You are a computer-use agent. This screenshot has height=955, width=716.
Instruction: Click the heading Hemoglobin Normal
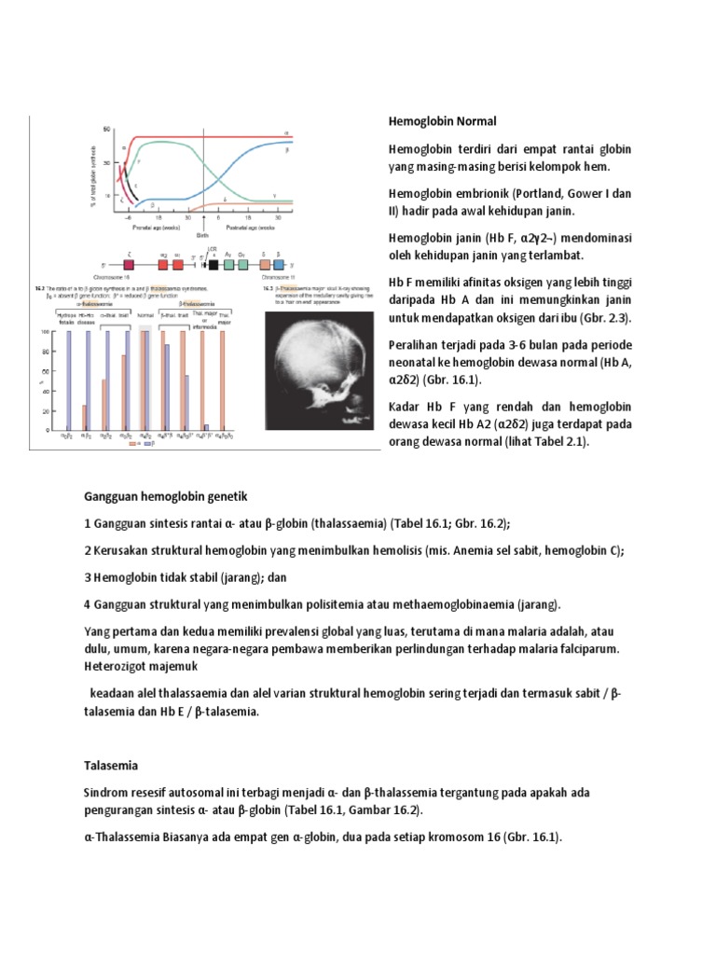coord(442,121)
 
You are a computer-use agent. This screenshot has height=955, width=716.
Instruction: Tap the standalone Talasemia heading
coord(111,766)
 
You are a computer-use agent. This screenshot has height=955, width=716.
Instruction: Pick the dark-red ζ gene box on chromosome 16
coord(130,265)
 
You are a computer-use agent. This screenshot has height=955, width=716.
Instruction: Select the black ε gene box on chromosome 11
coord(214,265)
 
